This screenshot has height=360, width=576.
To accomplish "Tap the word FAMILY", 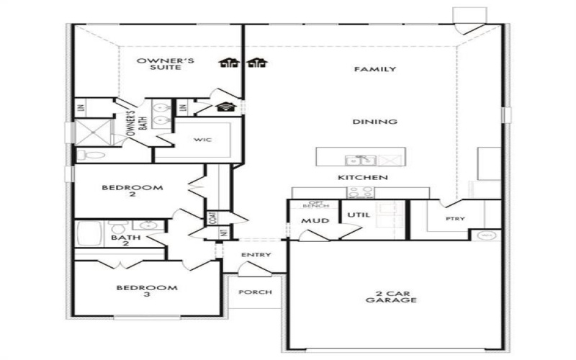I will click(374, 70).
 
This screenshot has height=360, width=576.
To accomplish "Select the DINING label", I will click(374, 122).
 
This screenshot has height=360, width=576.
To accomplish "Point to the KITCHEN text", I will click(364, 177).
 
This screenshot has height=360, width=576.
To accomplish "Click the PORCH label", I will click(256, 292).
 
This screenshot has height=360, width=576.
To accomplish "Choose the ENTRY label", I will click(256, 255).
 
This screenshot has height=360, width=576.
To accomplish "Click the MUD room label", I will click(315, 220).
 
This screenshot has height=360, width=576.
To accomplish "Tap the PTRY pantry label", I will click(454, 218).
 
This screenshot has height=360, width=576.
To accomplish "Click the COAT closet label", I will click(213, 217).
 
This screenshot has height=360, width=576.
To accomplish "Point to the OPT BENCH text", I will click(318, 205).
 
